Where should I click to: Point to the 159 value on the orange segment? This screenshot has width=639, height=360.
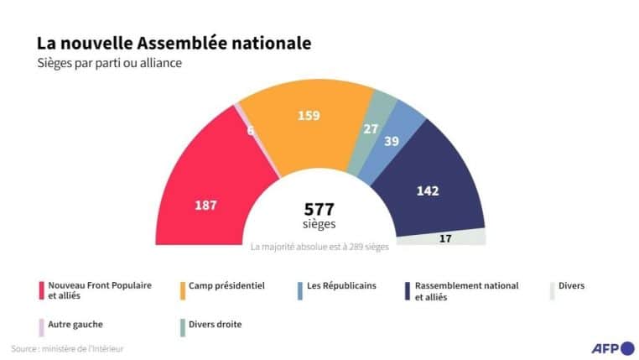tap(309, 115)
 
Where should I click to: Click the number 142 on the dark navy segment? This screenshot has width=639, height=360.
tap(428, 190)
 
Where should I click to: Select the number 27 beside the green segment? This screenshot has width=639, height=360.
tap(369, 128)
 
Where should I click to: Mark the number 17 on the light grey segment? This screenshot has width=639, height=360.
tap(445, 238)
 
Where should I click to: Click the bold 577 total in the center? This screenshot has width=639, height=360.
tap(319, 210)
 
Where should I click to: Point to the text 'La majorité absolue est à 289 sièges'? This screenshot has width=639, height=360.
tap(319, 248)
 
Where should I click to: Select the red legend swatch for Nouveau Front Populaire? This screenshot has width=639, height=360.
tap(40, 290)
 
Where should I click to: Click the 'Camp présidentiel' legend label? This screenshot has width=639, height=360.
tap(227, 286)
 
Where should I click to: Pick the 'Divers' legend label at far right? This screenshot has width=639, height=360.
tap(571, 286)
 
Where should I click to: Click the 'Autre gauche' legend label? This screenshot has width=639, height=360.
tap(75, 323)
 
